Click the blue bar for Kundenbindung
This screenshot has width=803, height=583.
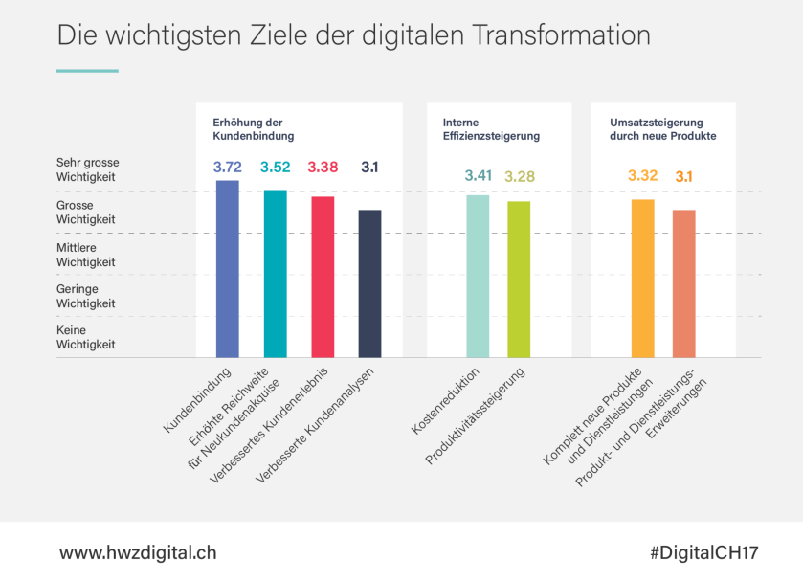(228, 269)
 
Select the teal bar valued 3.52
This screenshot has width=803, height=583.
(276, 274)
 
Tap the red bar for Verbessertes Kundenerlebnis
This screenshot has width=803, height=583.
(323, 277)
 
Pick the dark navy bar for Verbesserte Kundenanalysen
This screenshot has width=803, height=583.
(370, 283)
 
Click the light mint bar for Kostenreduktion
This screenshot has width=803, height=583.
(478, 276)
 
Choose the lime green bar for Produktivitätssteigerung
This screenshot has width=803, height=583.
(519, 280)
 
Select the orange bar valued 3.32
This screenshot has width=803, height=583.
(643, 279)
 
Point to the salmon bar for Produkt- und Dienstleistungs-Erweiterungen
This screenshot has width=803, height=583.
(684, 283)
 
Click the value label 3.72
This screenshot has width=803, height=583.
(228, 168)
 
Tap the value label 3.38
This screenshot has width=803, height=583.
(323, 168)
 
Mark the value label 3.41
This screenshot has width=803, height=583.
(478, 175)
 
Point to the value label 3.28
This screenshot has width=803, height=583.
(520, 176)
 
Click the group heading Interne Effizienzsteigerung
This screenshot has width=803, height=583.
(491, 129)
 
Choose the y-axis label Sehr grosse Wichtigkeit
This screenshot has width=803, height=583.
(87, 170)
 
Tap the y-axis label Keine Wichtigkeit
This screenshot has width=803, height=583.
(85, 337)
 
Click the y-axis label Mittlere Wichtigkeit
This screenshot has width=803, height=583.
(85, 254)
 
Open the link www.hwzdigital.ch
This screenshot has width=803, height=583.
(138, 553)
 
